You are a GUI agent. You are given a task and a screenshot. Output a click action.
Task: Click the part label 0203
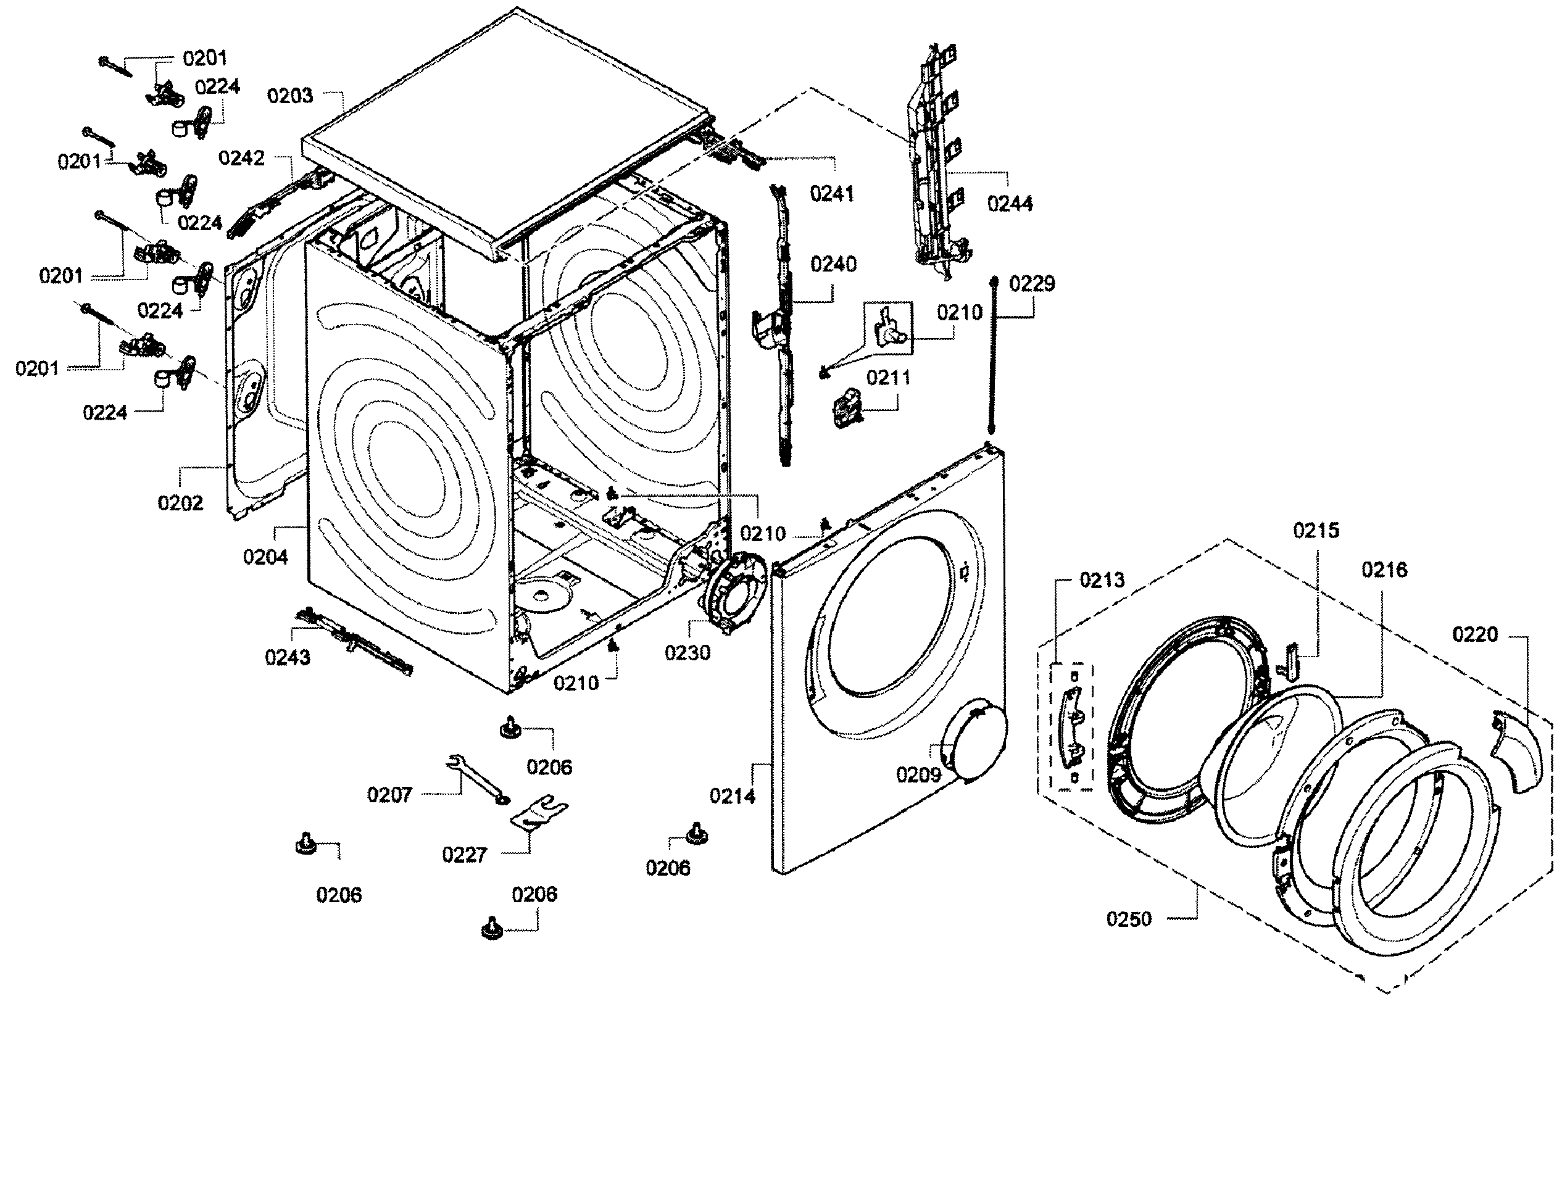289,96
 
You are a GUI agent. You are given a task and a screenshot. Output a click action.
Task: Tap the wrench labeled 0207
476,777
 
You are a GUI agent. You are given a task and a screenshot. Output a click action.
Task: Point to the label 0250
1129,919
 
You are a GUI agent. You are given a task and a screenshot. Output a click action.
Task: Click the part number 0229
1032,284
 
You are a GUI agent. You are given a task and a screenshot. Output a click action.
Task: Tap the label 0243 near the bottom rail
287,658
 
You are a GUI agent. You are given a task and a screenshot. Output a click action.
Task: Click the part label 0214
733,797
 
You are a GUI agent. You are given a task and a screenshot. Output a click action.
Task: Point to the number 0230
687,653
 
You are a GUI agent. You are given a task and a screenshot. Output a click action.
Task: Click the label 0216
1384,570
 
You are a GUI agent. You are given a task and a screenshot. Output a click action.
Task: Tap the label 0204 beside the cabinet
265,557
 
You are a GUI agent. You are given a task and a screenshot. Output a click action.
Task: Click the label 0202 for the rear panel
180,504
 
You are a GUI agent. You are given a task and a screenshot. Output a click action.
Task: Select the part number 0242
241,158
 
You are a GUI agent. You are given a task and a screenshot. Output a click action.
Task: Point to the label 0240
833,265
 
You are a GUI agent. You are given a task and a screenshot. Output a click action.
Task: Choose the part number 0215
1316,530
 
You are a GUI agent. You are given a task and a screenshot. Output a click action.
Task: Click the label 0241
832,194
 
